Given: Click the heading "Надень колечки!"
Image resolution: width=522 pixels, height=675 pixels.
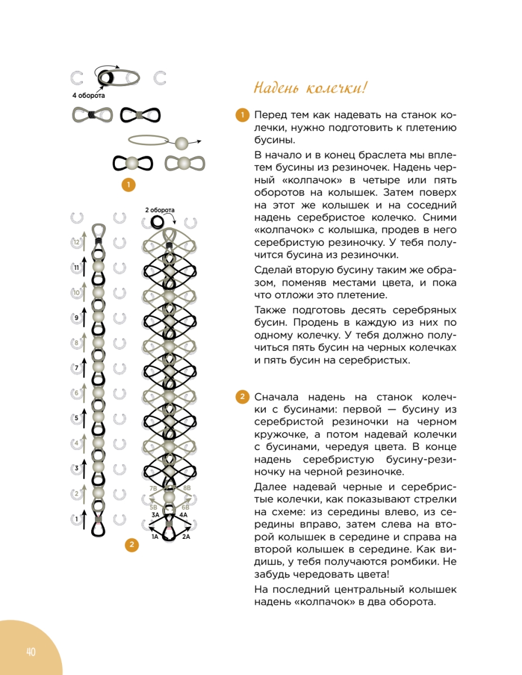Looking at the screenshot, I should click(x=310, y=88).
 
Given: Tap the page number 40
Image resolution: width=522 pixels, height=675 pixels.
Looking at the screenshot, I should click(x=30, y=652).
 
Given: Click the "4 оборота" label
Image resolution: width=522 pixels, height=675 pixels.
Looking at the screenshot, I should click(x=88, y=96).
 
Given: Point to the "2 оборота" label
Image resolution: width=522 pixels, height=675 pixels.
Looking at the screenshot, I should click(x=160, y=210).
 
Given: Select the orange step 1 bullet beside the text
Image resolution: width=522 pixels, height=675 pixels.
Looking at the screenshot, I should click(x=241, y=115).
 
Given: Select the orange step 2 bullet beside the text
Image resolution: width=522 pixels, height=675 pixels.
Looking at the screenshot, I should click(x=241, y=397).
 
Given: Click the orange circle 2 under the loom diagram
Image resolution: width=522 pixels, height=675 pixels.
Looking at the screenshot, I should click(x=131, y=544).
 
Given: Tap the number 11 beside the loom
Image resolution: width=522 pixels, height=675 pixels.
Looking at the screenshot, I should click(x=77, y=268).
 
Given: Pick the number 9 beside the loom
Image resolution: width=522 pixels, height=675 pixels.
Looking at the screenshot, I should click(x=77, y=318).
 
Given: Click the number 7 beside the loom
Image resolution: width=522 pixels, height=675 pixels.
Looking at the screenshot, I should click(x=77, y=368).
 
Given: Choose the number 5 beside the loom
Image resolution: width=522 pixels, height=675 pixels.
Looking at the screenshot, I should click(x=77, y=418).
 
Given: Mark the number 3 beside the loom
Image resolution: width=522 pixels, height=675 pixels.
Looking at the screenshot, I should click(x=77, y=468).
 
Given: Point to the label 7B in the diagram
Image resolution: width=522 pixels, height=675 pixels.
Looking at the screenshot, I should click(x=153, y=488).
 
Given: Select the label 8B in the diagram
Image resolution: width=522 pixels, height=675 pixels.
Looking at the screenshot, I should click(x=187, y=488).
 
